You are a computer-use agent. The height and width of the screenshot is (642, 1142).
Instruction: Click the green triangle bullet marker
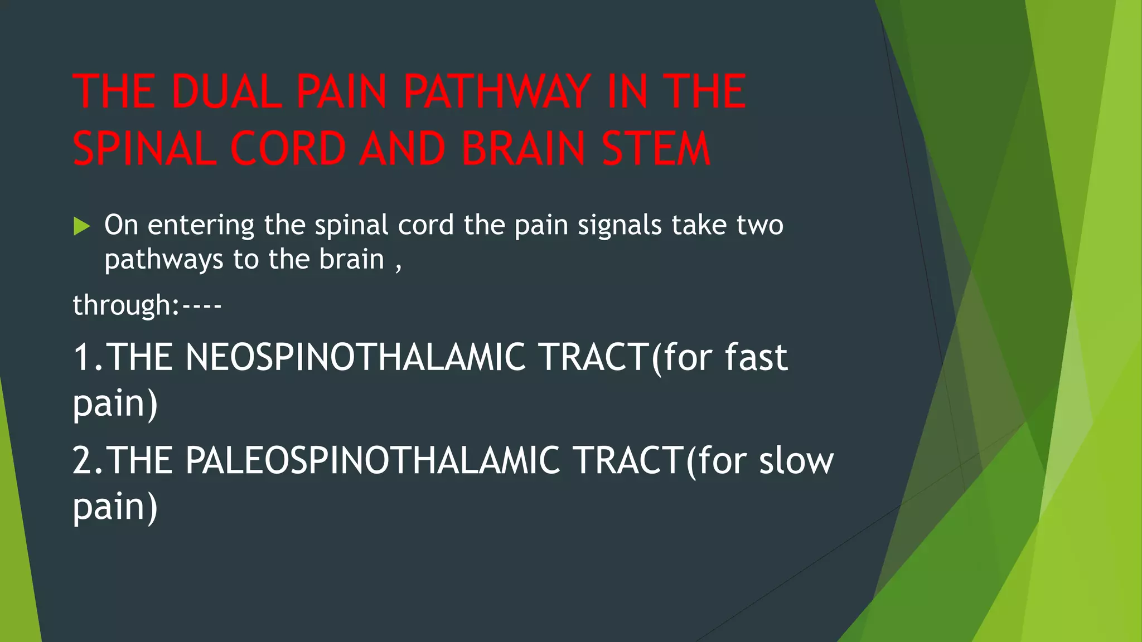(x=81, y=226)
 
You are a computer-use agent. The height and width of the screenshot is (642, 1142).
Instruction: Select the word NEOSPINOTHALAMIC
(x=355, y=357)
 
